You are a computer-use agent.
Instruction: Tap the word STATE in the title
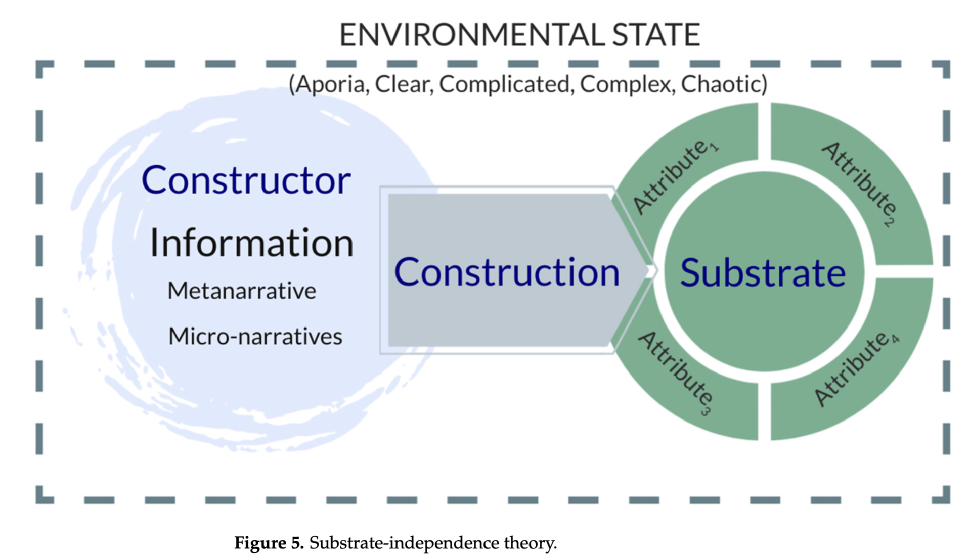point(656,35)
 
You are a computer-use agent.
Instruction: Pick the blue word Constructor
point(246,180)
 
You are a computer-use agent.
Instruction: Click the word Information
point(251,243)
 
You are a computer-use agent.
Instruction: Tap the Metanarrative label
point(242,291)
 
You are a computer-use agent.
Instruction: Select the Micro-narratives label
point(255,336)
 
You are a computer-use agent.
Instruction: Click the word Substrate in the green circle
point(763,272)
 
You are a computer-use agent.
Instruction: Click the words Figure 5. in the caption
point(269,543)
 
